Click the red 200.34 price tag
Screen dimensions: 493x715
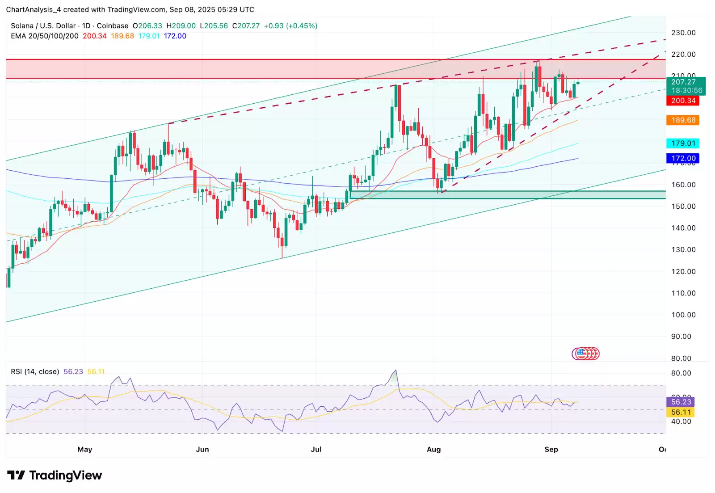click(683, 101)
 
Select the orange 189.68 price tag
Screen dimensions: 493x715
click(683, 120)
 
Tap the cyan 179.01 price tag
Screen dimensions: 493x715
click(683, 143)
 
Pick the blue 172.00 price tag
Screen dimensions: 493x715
click(683, 158)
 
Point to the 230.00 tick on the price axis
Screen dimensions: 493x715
click(683, 33)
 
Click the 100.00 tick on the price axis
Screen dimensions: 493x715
click(683, 315)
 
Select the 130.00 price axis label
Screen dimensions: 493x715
click(683, 249)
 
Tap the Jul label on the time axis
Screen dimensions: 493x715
click(316, 449)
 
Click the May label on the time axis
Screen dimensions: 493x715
click(84, 449)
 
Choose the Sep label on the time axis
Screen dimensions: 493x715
click(551, 449)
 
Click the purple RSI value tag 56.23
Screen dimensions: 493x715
click(681, 402)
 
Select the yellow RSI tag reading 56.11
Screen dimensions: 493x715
click(681, 412)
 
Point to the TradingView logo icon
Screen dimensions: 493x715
click(16, 475)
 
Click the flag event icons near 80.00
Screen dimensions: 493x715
click(586, 354)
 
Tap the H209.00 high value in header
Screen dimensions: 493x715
click(181, 26)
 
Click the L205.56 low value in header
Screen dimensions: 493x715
click(214, 26)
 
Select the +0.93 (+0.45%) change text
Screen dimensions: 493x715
click(290, 26)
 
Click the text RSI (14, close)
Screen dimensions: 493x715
click(35, 371)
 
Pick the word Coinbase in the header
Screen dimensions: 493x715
click(113, 26)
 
